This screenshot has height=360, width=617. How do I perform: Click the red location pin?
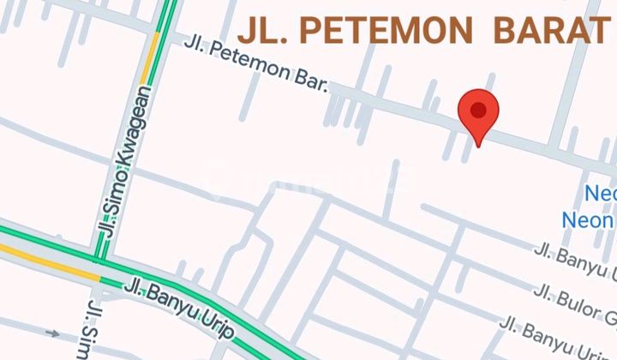tap(478, 116)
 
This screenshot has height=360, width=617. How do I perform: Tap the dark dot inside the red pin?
tap(478, 110)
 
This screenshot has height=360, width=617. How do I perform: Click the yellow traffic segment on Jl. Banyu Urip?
tap(51, 262)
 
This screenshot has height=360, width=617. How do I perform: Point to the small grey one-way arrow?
tap(54, 333)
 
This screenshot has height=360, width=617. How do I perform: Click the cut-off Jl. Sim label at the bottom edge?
tap(94, 330)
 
